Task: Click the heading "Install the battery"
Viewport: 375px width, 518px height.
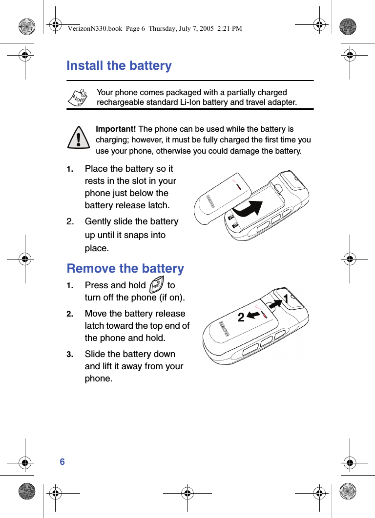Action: click(119, 66)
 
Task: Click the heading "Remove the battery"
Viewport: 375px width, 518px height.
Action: click(125, 269)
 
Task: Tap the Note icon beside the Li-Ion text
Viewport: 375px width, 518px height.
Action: click(77, 98)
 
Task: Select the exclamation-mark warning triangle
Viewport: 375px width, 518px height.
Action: click(79, 137)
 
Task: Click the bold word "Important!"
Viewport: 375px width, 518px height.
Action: click(116, 129)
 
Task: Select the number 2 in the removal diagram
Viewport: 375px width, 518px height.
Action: click(241, 318)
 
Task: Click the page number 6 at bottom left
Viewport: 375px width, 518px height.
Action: click(62, 461)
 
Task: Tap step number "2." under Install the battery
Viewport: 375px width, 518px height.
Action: click(71, 222)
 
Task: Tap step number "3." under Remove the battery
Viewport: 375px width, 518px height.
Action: click(70, 355)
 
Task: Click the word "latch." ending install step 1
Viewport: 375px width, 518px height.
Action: click(157, 205)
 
